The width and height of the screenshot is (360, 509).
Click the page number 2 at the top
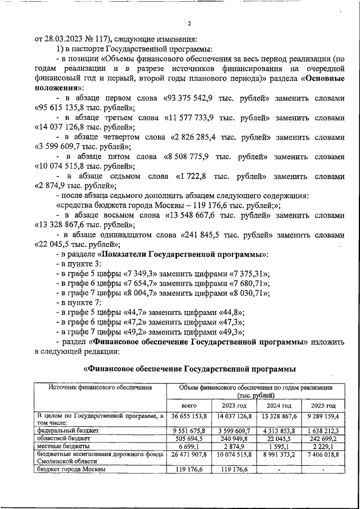point(190,24)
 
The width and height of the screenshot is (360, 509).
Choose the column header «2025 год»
point(323,406)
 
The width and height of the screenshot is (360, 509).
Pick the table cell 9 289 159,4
point(323,416)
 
